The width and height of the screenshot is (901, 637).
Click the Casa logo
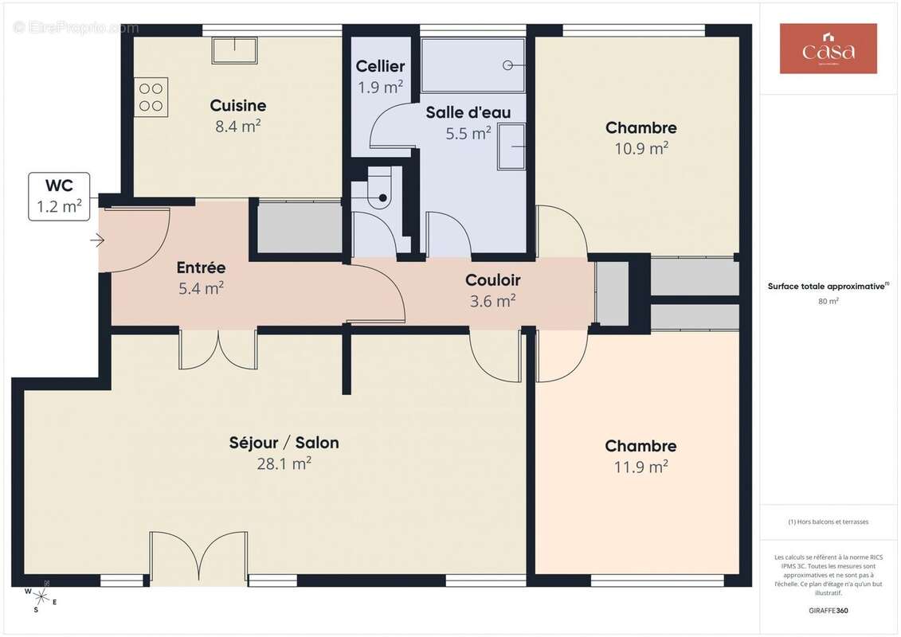pyautogui.click(x=828, y=49)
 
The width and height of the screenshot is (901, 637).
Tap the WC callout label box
pyautogui.click(x=60, y=197)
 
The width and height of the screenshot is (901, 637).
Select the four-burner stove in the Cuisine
pyautogui.click(x=151, y=96)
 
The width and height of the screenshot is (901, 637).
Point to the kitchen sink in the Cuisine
pyautogui.click(x=234, y=49)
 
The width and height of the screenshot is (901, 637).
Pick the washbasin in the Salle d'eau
pyautogui.click(x=511, y=147)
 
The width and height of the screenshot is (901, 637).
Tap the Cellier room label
pyautogui.click(x=380, y=67)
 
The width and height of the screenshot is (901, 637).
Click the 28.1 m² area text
pyautogui.click(x=284, y=463)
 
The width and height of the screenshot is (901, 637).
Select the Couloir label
pyautogui.click(x=492, y=280)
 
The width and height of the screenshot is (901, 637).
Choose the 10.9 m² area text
pyautogui.click(x=640, y=148)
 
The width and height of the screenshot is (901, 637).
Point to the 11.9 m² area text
pyautogui.click(x=640, y=467)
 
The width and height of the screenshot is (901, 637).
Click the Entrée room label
pyautogui.click(x=201, y=268)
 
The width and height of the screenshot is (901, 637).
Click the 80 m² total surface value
pyautogui.click(x=829, y=301)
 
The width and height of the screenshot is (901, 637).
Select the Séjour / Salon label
pyautogui.click(x=284, y=443)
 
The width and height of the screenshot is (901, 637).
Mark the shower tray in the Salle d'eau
pyautogui.click(x=472, y=65)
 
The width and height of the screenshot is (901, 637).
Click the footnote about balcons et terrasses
pyautogui.click(x=829, y=522)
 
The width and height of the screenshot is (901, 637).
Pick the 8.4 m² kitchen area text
pyautogui.click(x=238, y=126)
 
